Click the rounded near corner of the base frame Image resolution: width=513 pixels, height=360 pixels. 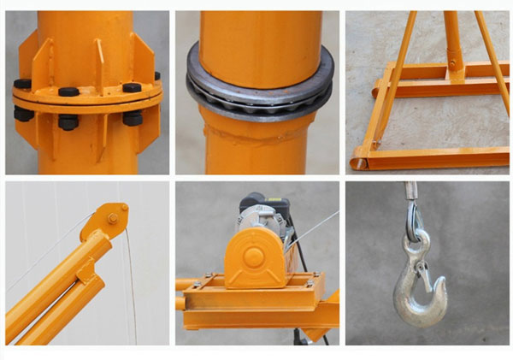point(359,159)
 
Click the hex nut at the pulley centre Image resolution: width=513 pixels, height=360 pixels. point(111,220)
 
